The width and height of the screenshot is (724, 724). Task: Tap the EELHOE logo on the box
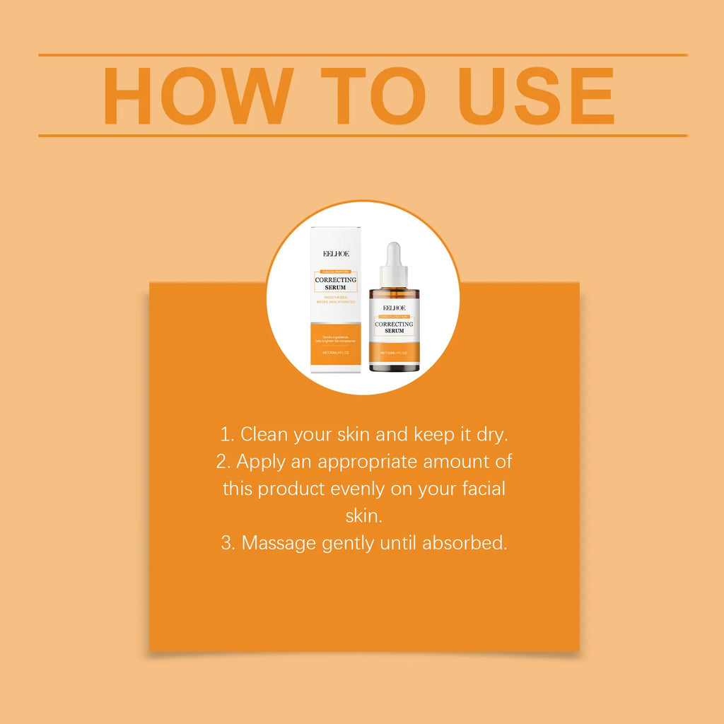[x=336, y=253]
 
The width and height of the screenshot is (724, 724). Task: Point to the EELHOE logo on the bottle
[x=393, y=308]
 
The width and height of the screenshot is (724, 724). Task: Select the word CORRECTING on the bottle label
[x=394, y=324]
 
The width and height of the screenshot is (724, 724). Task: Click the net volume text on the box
[x=336, y=351]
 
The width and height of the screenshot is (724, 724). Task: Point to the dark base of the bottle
[x=394, y=363]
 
